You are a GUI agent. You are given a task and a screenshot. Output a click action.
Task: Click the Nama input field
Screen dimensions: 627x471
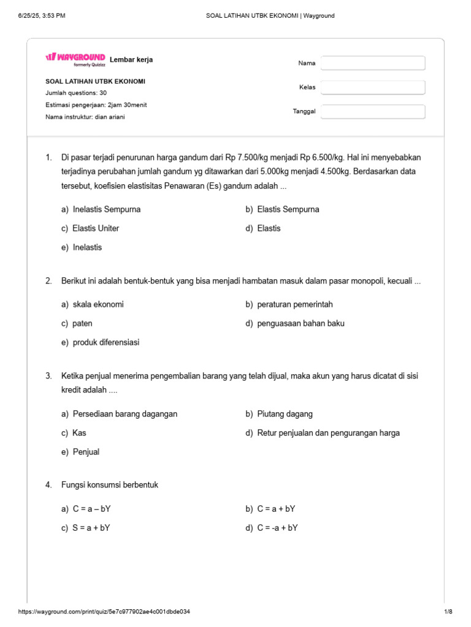[373, 63]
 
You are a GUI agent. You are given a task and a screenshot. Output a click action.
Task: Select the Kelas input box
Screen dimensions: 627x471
[373, 88]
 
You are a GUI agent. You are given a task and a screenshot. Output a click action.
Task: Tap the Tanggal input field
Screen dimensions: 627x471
[373, 111]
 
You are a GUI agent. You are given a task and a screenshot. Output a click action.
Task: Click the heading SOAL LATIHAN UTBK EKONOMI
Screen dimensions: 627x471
[95, 81]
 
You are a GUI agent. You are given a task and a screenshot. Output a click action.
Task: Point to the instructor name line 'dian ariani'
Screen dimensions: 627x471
[85, 117]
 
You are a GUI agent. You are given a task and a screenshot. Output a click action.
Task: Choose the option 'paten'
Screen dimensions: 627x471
[82, 323]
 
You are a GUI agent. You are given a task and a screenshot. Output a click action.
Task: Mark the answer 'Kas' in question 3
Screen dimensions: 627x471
[78, 433]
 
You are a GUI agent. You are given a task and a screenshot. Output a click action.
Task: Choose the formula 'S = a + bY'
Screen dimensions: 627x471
[91, 528]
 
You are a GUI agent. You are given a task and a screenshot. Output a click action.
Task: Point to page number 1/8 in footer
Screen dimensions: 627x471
[448, 612]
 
